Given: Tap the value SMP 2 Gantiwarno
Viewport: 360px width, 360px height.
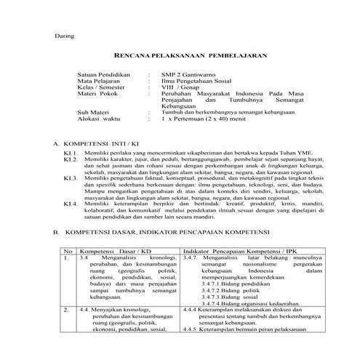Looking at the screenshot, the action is (186, 74).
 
